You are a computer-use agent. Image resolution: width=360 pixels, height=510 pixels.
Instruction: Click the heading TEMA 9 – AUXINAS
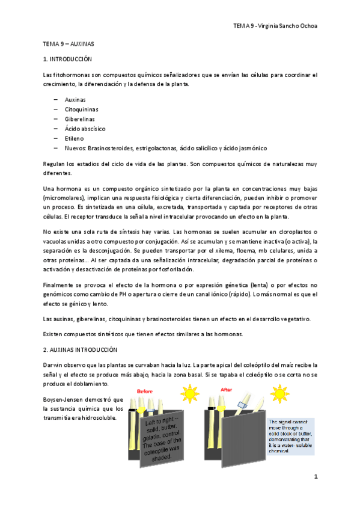point(68,45)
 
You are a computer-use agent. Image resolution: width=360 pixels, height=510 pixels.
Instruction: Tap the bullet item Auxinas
point(75,99)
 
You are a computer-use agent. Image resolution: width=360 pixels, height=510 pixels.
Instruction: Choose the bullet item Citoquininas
point(81,109)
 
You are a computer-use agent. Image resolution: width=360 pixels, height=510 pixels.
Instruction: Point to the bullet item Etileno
point(75,138)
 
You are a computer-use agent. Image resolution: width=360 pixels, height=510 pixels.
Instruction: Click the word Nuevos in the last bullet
point(75,147)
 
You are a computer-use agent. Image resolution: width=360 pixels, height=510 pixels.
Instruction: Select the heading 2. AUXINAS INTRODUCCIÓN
point(81,349)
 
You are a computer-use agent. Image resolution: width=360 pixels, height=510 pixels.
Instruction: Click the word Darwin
point(53,364)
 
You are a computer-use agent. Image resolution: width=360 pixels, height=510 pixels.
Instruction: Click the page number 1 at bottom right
point(315,477)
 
